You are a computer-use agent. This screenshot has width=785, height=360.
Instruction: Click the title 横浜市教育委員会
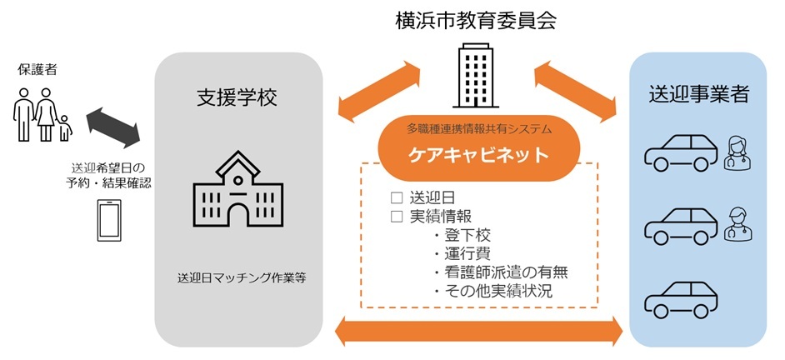point(475,21)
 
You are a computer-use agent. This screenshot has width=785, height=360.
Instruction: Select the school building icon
point(237,188)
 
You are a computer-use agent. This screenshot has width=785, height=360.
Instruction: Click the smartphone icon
point(109,221)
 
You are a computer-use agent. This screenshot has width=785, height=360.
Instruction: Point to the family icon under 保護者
point(42,115)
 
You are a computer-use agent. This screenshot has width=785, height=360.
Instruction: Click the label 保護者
point(37,70)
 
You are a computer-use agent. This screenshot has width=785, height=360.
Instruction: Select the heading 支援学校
point(237,97)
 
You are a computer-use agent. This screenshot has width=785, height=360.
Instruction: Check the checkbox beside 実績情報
point(397,217)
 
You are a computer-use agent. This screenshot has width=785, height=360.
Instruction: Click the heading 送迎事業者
point(698,93)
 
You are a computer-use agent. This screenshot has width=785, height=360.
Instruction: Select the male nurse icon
point(738,224)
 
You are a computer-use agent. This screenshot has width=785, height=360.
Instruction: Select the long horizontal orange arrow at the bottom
point(478,331)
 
